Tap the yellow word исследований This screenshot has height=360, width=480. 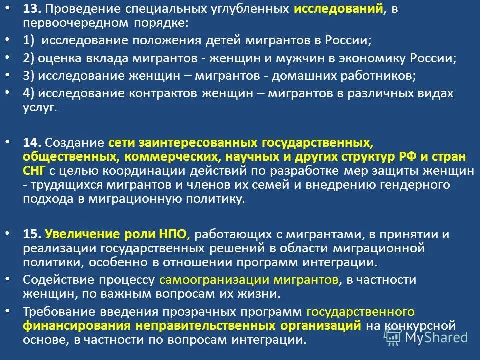pyautogui.click(x=338, y=9)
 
